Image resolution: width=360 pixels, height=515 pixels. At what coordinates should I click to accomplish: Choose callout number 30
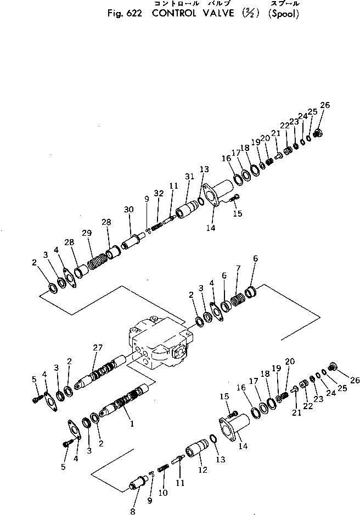point(129,210)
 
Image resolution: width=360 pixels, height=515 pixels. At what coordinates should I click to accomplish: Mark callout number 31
point(189,176)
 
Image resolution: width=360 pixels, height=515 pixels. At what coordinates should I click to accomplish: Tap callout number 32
point(159,194)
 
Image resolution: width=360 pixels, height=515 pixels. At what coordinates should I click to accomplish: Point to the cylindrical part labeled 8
point(138,484)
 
